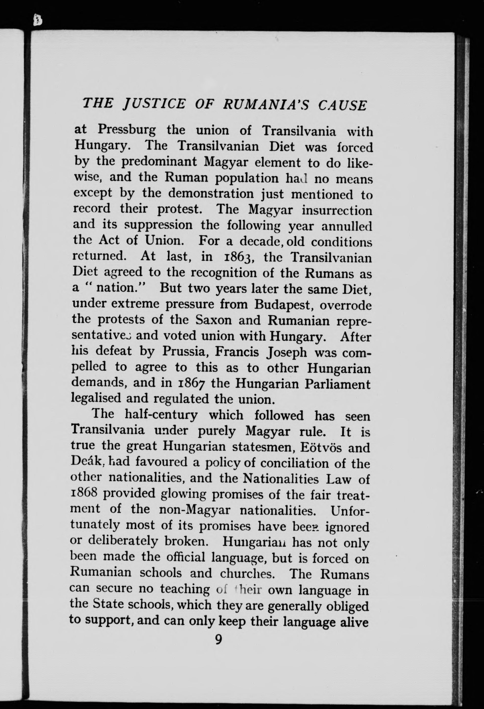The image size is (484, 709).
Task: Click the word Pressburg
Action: [127, 130]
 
